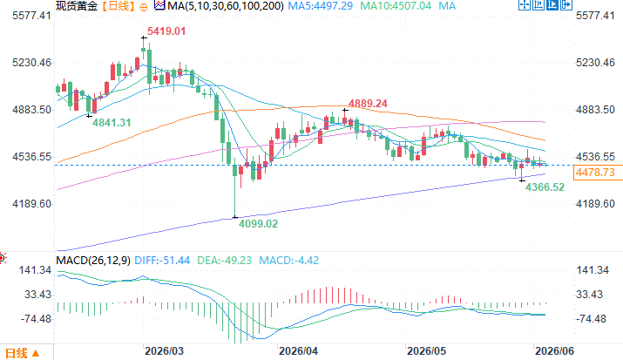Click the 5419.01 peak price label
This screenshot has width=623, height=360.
166,31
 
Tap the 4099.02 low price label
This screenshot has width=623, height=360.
258,224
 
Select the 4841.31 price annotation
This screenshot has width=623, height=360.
112,123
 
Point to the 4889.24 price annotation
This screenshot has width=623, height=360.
368,104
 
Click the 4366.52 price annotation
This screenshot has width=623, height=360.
545,187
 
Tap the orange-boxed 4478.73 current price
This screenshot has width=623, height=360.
595,173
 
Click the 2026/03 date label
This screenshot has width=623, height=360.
164,351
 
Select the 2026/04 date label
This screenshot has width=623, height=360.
298,351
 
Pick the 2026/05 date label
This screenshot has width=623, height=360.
427,351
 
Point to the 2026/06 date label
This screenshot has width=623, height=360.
555,351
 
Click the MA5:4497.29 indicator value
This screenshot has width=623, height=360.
321,6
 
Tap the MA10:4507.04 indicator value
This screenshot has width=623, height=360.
396,6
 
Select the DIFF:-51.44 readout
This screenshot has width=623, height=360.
162,261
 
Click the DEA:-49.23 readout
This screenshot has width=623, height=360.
225,261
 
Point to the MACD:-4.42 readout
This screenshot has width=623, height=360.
289,261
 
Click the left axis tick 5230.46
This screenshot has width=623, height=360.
31,63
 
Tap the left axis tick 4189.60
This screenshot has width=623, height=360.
31,204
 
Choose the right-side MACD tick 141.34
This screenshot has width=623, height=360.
593,270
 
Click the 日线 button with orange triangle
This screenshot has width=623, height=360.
22,353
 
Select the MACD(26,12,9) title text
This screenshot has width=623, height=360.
93,261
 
